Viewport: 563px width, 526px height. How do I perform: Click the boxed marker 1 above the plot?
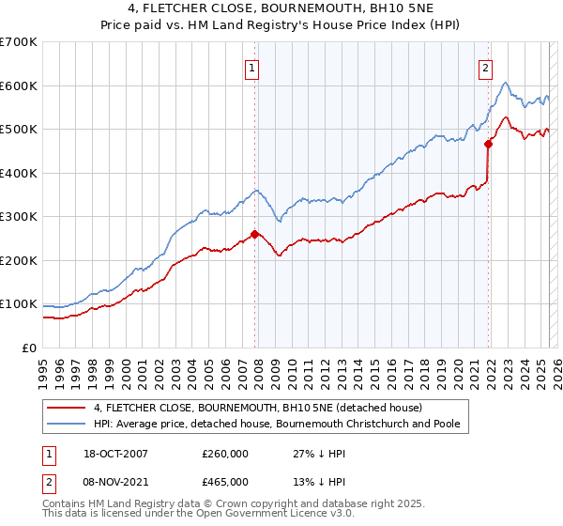click(253, 67)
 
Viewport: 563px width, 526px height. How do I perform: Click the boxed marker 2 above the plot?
click(486, 67)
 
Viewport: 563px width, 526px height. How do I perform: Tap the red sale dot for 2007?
click(254, 235)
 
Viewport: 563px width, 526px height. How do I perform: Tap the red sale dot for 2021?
click(488, 145)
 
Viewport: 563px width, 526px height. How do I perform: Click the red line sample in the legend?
click(66, 408)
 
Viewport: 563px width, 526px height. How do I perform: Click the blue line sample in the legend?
click(66, 424)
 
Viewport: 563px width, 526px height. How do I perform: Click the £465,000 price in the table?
click(224, 481)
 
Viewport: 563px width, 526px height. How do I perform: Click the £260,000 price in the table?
click(224, 454)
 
